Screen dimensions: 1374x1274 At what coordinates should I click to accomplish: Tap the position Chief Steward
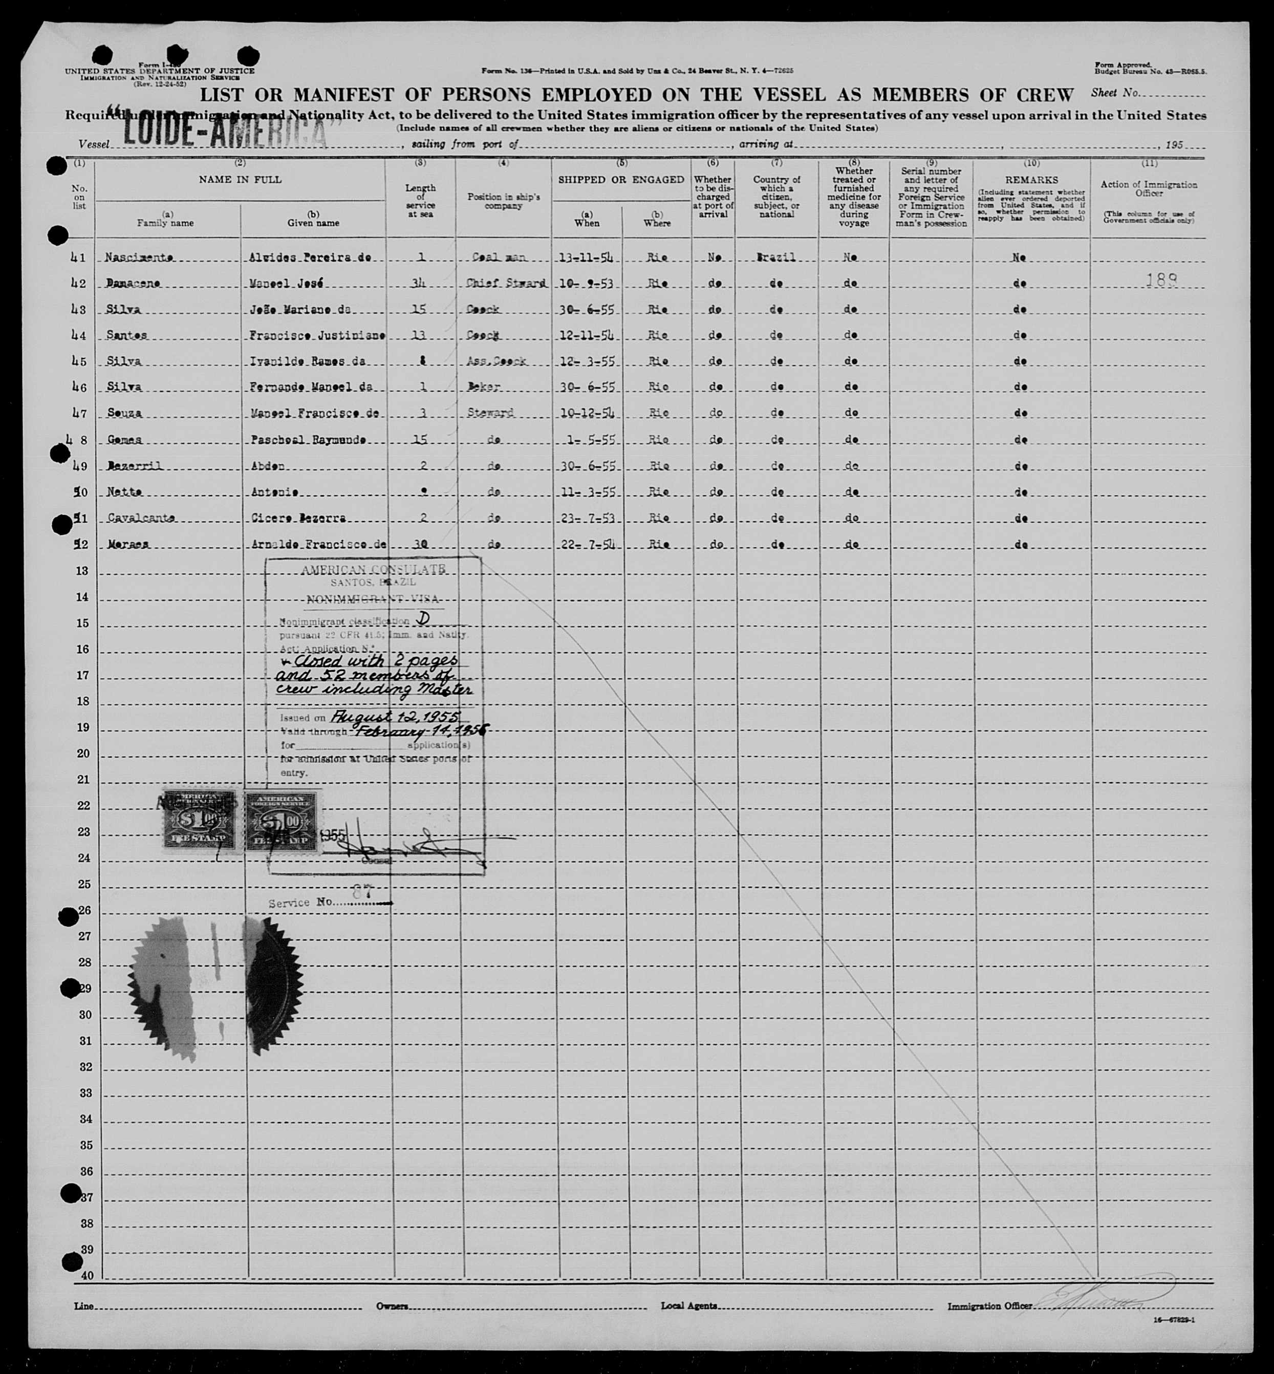tap(505, 283)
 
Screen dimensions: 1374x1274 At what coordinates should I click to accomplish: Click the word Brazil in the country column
tap(776, 257)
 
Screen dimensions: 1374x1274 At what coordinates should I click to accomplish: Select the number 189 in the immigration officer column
tap(1161, 280)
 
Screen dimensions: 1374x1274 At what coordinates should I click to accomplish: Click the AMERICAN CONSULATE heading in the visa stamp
tap(373, 569)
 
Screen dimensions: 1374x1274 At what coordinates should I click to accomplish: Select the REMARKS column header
tap(1031, 180)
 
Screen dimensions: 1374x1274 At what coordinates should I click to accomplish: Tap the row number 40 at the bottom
tap(87, 1275)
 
